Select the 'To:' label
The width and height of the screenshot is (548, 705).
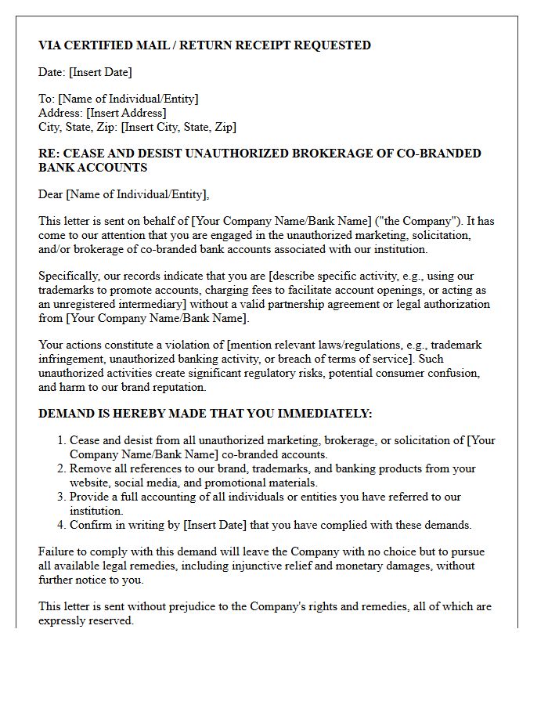47,99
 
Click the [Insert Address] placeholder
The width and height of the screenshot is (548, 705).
126,113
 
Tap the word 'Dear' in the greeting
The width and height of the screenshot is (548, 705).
51,194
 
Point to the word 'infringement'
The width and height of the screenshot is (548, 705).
74,359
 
